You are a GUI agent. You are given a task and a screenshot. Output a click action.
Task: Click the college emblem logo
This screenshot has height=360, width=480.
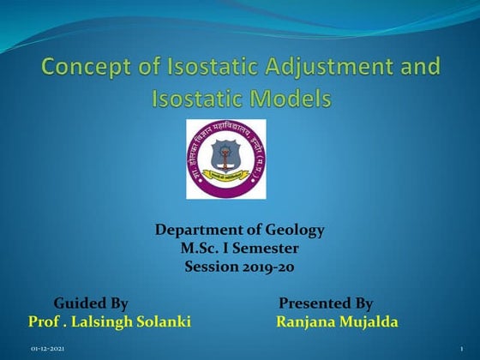(226, 159)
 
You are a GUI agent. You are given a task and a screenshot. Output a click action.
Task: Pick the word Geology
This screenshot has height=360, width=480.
(295, 231)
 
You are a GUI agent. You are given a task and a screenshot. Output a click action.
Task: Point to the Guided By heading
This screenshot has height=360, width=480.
(91, 303)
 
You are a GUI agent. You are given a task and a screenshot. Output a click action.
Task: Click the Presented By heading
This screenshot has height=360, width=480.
(326, 303)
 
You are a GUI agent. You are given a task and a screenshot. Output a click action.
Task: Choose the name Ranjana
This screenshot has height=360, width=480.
(303, 321)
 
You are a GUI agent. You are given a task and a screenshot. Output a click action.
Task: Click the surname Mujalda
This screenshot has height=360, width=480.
(368, 321)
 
